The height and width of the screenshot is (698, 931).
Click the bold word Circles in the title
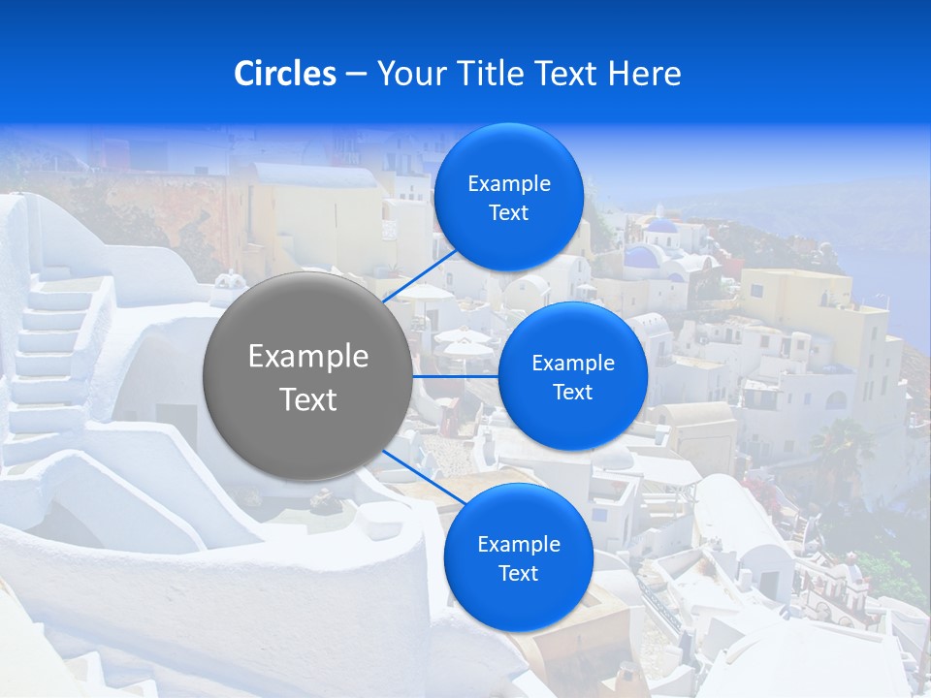pos(285,74)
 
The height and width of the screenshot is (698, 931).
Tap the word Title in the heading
pos(491,74)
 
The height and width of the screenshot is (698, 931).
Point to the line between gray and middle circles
pos(455,375)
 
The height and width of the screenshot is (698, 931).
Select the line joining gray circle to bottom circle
pos(423,479)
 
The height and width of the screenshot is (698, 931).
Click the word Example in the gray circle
pos(307,357)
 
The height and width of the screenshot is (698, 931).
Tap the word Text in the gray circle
pos(307,399)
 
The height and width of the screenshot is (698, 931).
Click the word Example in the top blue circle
pos(508,184)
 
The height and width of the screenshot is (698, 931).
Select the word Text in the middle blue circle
pos(572,392)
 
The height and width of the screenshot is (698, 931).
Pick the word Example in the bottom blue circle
pos(518,545)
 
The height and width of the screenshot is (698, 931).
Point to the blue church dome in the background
pos(662,227)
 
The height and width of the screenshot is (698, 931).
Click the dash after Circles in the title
pos(356,75)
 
